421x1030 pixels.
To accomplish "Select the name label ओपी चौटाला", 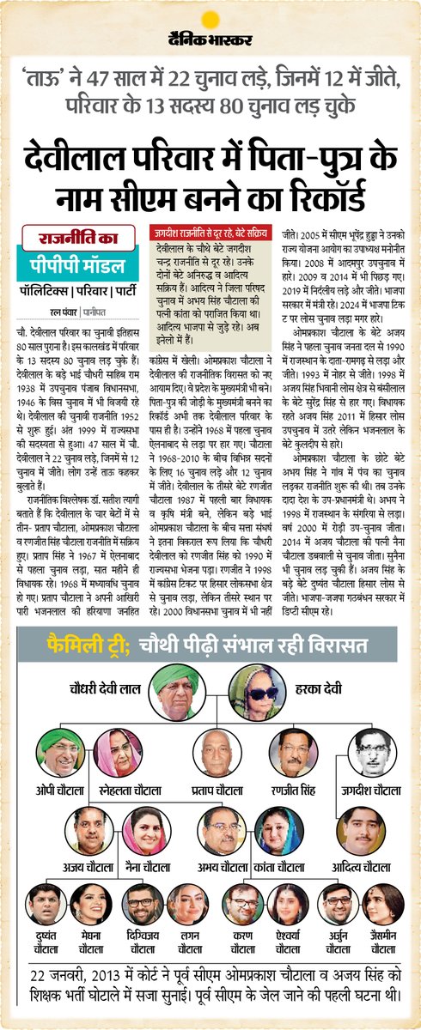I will [63, 789].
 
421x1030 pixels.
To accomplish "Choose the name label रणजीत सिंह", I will [293, 789].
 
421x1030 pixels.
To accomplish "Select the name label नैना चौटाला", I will [143, 868].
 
